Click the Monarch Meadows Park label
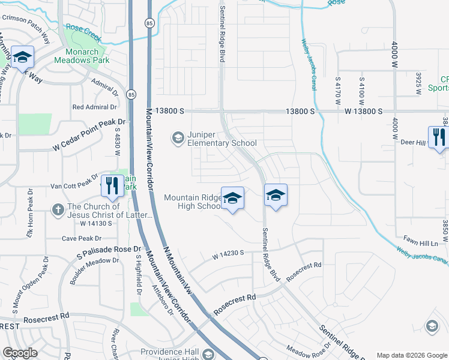pos(76,56)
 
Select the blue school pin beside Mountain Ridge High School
pos(232,199)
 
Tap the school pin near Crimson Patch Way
pos(22,58)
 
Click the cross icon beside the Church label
pos(58,209)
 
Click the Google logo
pos(20,353)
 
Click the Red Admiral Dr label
pos(94,107)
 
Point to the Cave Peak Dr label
pos(81,238)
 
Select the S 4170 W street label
pos(339,88)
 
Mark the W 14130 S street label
pos(97,223)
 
